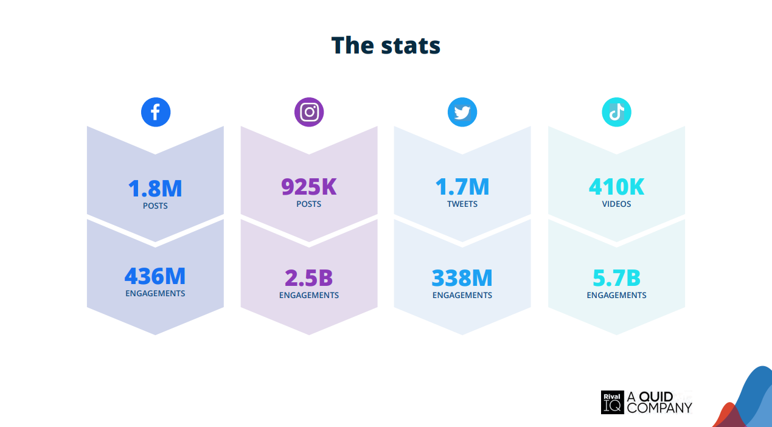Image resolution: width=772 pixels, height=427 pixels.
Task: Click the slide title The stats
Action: click(386, 46)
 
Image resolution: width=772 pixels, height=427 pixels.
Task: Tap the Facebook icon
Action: click(156, 112)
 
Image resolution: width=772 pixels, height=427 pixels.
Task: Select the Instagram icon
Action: click(309, 112)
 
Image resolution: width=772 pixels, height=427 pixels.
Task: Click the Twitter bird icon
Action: click(462, 112)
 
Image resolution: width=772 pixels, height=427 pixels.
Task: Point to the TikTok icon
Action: click(616, 112)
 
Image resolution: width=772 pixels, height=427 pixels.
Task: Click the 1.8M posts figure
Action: click(155, 189)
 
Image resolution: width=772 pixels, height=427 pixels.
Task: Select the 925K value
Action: click(308, 187)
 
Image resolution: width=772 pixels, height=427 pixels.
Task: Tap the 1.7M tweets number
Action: click(462, 187)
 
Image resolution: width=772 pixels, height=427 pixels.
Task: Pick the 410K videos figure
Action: click(616, 187)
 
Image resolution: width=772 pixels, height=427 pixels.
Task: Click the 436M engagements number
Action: click(155, 277)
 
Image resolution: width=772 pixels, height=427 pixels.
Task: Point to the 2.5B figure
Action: click(308, 278)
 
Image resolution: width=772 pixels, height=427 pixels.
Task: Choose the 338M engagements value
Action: click(462, 278)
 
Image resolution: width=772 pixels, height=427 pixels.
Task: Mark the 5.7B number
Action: click(616, 278)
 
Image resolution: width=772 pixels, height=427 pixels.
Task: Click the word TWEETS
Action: click(462, 204)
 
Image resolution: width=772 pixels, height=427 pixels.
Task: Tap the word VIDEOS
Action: click(616, 204)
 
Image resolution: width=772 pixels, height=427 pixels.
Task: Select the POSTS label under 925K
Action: click(308, 204)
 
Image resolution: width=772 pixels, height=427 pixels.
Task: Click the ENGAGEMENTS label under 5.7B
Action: click(616, 296)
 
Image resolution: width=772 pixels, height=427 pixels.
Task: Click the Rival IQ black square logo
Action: click(612, 402)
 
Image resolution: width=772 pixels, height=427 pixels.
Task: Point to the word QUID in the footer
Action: click(656, 397)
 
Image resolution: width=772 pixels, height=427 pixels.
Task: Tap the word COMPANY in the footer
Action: click(659, 408)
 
